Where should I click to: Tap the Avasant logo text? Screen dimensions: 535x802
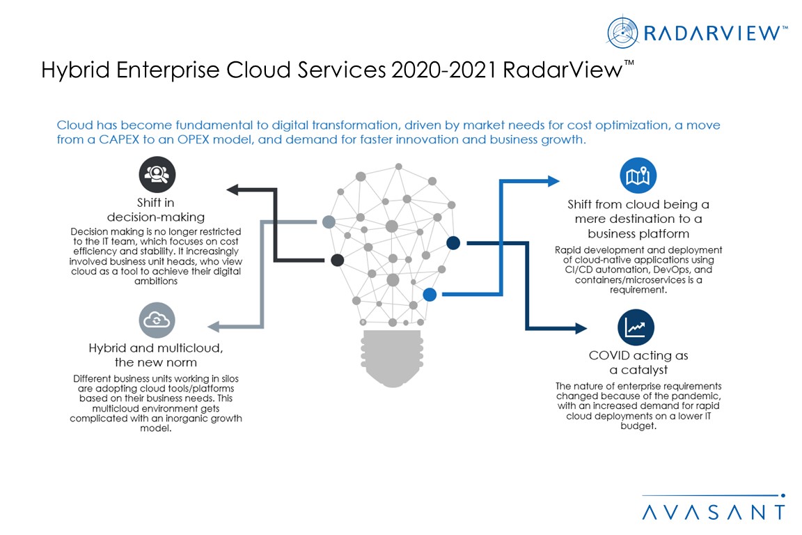pos(713,512)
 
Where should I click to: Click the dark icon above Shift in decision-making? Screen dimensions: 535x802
pos(157,174)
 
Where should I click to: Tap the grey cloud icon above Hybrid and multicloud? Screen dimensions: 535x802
pos(157,320)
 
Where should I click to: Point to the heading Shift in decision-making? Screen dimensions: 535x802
pos(156,210)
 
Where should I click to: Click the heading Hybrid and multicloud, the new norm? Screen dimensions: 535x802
pos(156,355)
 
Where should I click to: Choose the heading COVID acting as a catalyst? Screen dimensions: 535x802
pos(638,362)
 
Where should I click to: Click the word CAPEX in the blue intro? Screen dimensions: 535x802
pos(112,139)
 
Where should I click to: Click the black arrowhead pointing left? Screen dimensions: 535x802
pos(232,189)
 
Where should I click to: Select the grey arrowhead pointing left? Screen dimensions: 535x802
pos(214,326)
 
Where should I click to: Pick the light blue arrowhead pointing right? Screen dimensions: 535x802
pos(553,181)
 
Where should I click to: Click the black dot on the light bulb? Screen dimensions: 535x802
pos(338,260)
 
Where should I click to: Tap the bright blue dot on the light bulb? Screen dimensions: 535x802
pos(430,295)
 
